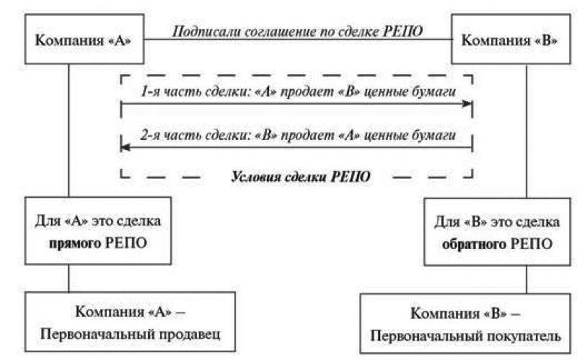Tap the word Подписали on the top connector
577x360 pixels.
(x=196, y=30)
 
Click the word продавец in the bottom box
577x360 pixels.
(x=188, y=334)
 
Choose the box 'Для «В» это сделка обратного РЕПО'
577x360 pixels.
(x=497, y=233)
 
